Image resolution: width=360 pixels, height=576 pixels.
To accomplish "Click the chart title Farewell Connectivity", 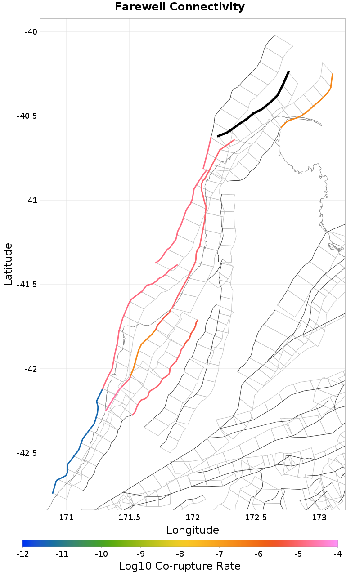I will [x=180, y=7].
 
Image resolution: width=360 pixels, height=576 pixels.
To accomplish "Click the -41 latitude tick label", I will [x=30, y=200].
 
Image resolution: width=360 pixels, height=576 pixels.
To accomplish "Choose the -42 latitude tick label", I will [x=30, y=369].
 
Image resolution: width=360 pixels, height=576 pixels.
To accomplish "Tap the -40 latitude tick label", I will [x=30, y=31].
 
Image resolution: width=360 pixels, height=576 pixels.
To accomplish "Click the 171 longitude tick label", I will [x=66, y=518].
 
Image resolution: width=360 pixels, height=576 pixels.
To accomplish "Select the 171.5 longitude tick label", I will [x=129, y=518].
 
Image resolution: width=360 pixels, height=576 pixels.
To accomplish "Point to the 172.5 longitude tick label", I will [x=256, y=518].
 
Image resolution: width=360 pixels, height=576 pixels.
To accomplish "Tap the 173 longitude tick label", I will [x=319, y=518].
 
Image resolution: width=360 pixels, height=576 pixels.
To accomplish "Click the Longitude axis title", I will [x=193, y=530].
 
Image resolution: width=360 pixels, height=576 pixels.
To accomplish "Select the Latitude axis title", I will [x=8, y=264].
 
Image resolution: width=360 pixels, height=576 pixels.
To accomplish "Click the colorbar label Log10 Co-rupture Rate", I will [x=180, y=566].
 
